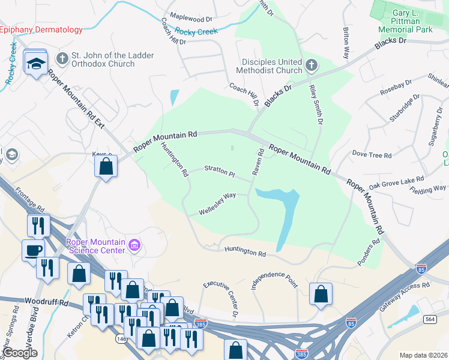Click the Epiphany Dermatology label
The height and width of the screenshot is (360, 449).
pos(41,29)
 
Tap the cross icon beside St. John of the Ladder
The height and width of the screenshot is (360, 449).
pos(61,58)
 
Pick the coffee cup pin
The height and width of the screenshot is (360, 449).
pos(33,250)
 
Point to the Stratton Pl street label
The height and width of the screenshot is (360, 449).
pos(220,171)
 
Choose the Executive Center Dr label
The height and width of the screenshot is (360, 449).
pos(221,299)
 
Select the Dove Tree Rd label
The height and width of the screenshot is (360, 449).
pos(372,155)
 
